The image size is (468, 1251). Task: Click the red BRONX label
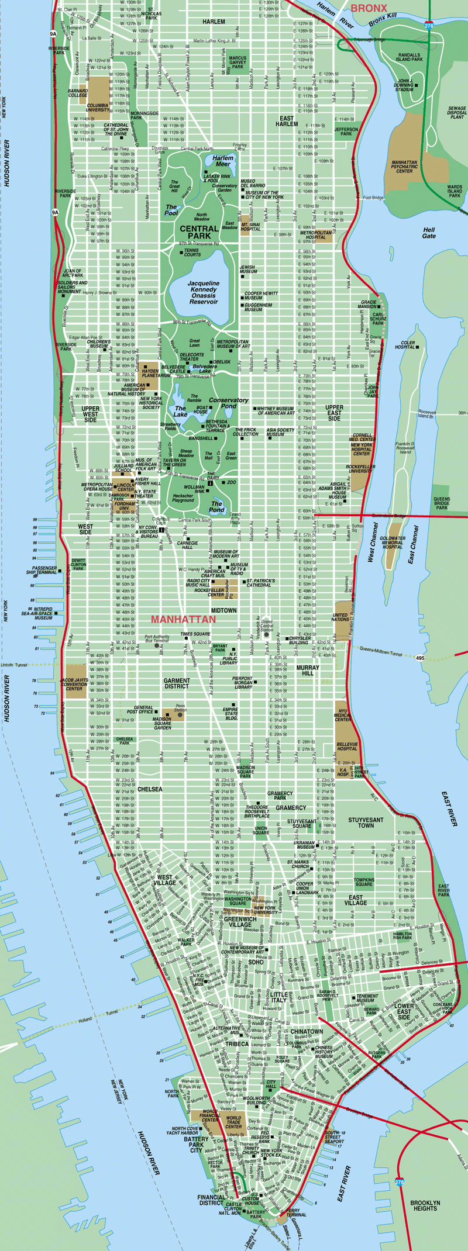coord(369,8)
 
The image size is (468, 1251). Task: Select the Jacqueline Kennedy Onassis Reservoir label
coord(203,292)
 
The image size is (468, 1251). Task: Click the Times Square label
coord(195,634)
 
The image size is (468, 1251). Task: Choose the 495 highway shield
coord(421,658)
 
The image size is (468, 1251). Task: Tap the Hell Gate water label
coord(429,233)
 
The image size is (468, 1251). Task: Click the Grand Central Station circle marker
coord(267,634)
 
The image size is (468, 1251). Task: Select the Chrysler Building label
coord(300,640)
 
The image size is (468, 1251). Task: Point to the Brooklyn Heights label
coord(425,1205)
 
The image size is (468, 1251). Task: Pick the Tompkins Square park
coord(363,881)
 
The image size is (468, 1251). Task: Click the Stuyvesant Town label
coord(366,823)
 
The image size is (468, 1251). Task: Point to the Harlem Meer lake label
coord(222,161)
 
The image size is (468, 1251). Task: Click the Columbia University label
coord(98,108)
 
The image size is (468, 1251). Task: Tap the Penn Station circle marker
coord(180,714)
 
